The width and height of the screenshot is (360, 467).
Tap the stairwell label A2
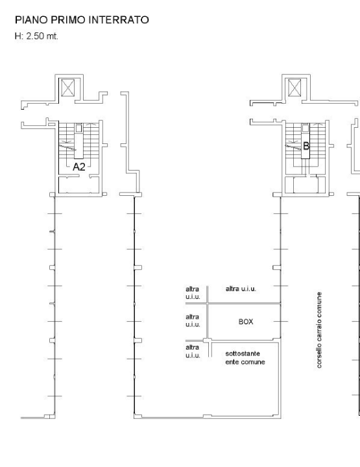point(78,167)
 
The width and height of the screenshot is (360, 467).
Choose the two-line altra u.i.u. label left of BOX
point(193,320)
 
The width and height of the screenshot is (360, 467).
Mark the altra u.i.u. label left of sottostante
point(193,352)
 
